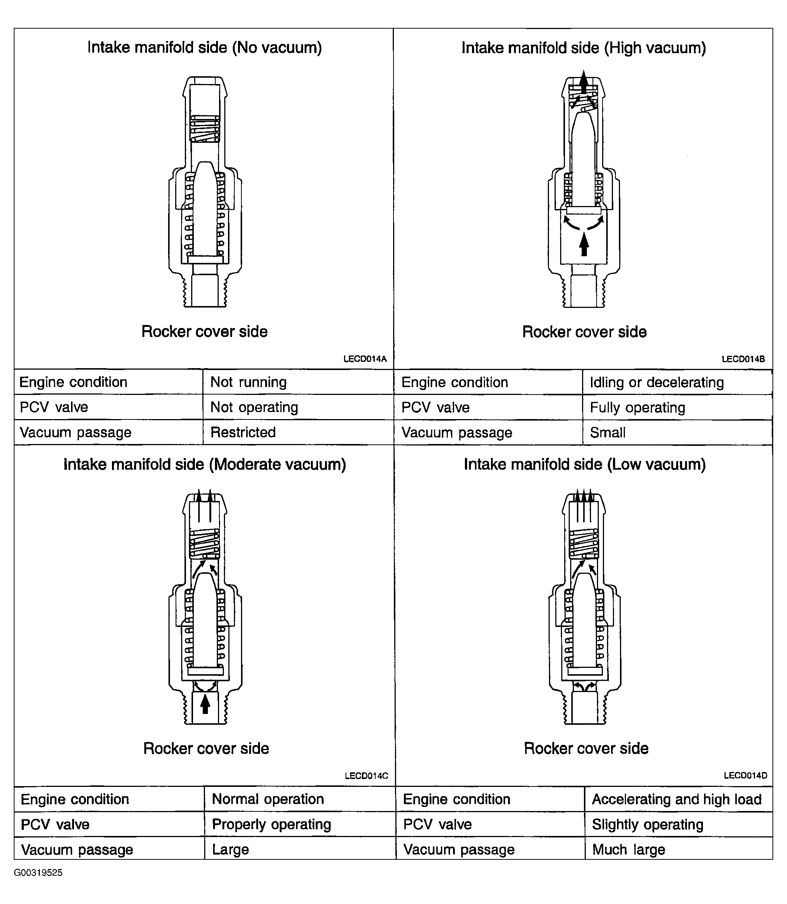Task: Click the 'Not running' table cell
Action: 248,382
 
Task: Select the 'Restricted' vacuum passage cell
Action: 243,432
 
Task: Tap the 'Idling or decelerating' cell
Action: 656,382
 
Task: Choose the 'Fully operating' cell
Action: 637,408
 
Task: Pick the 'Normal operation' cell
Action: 268,799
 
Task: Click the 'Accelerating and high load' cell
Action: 676,799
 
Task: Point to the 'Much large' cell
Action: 629,850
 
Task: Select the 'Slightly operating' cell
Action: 648,824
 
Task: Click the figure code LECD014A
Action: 365,359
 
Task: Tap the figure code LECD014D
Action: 745,775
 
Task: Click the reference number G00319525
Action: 38,872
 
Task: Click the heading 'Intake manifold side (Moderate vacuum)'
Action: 205,464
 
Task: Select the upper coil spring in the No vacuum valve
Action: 205,129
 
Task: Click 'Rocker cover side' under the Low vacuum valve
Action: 586,748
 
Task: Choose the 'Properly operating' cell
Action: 272,824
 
